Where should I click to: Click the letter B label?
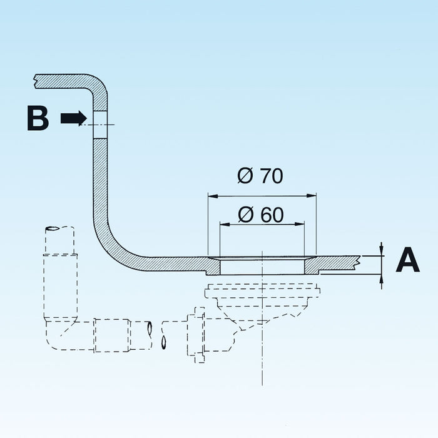[38, 118]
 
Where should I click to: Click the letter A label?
[408, 259]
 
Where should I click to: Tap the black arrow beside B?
[74, 118]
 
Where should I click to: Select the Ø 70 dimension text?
[260, 176]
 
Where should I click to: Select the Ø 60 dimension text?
[261, 215]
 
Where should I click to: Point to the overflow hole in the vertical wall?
[100, 125]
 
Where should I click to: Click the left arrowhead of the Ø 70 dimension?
[213, 196]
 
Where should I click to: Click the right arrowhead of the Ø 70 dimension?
[312, 196]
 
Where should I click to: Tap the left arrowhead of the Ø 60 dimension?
[225, 224]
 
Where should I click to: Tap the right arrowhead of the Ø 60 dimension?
[300, 224]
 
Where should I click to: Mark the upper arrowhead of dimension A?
[382, 250]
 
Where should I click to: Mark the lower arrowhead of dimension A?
[382, 280]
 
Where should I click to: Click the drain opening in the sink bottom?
[262, 267]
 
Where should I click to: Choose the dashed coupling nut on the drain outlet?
[196, 335]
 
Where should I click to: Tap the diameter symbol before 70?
[245, 176]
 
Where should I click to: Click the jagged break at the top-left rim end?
[35, 81]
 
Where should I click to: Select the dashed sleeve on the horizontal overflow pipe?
[112, 335]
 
